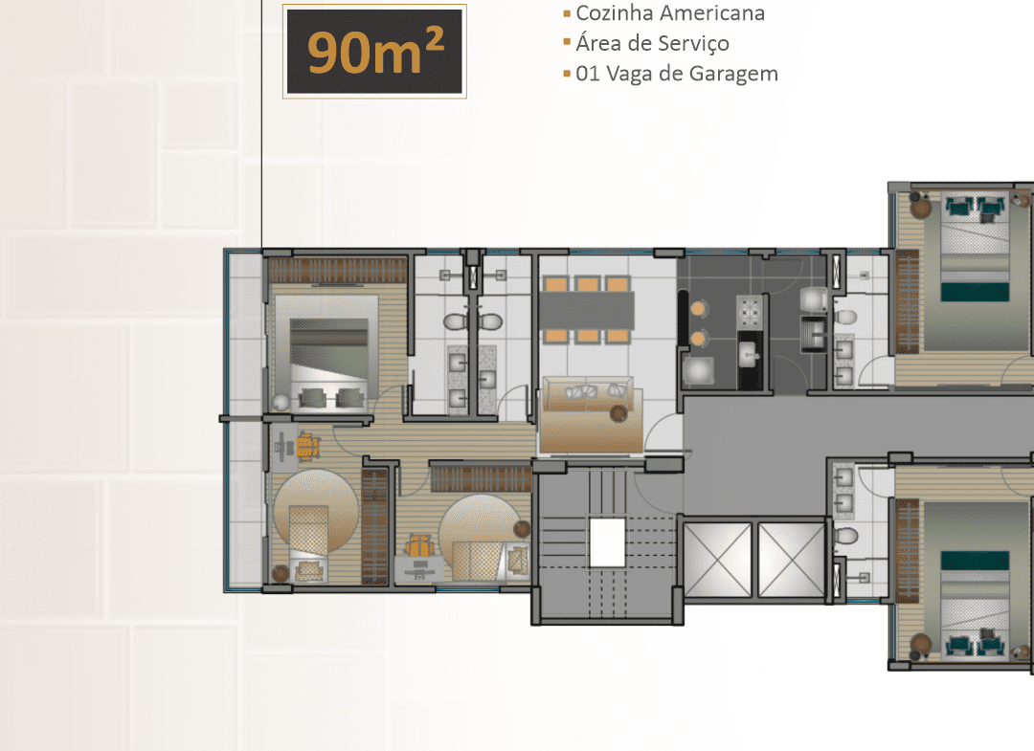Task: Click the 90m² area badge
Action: pyautogui.click(x=374, y=52)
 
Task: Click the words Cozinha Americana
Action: pyautogui.click(x=670, y=13)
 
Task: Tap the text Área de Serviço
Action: pyautogui.click(x=652, y=43)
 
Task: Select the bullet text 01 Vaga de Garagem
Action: pyautogui.click(x=677, y=74)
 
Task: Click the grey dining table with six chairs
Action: pyautogui.click(x=588, y=310)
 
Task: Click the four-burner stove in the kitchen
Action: pyautogui.click(x=750, y=312)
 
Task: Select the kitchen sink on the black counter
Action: pyautogui.click(x=750, y=357)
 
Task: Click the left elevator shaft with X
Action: pyautogui.click(x=717, y=560)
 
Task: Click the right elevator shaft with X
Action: pyautogui.click(x=792, y=560)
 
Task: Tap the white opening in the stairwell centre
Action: pyautogui.click(x=607, y=542)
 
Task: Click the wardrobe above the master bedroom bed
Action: pyautogui.click(x=338, y=270)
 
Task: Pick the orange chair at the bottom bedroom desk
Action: pyautogui.click(x=418, y=547)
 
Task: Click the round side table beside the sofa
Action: pyautogui.click(x=618, y=413)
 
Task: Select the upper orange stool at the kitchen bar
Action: pyautogui.click(x=698, y=308)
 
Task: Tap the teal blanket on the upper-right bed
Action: pyautogui.click(x=975, y=292)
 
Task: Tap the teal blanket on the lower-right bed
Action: pyautogui.click(x=975, y=561)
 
